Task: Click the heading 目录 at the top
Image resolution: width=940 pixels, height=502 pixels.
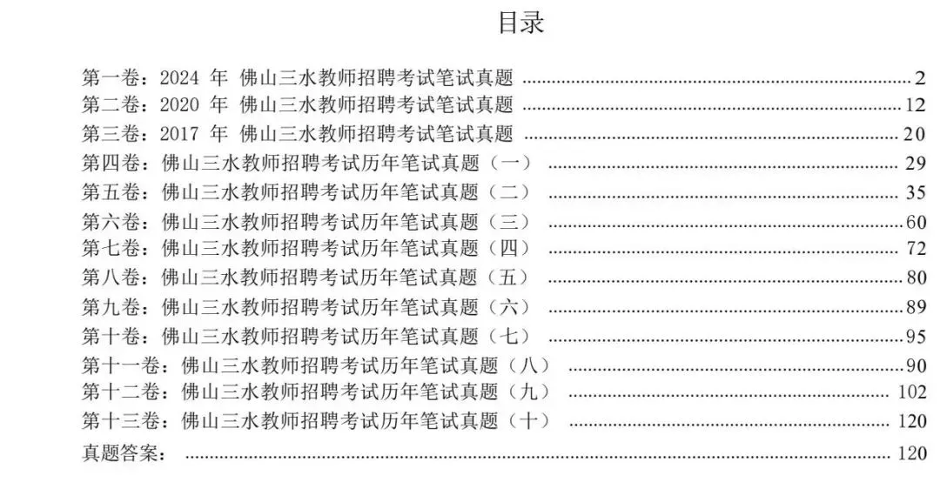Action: click(x=520, y=23)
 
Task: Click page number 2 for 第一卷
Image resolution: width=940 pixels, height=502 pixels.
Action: click(x=921, y=78)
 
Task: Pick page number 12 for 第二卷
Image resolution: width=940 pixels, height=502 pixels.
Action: click(x=916, y=106)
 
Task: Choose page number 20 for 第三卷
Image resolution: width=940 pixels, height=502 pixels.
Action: click(x=916, y=134)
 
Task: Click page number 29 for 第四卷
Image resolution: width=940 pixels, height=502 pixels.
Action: click(x=916, y=164)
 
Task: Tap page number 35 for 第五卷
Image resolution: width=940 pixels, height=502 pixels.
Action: click(x=916, y=192)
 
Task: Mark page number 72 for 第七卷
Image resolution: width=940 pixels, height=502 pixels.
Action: click(x=916, y=249)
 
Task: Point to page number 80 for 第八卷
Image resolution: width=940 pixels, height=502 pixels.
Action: click(x=916, y=278)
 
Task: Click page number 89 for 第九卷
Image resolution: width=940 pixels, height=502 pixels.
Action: click(x=916, y=307)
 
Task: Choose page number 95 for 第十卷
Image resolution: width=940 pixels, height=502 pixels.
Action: click(x=916, y=336)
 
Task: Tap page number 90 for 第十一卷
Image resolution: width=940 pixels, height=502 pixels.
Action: click(x=916, y=365)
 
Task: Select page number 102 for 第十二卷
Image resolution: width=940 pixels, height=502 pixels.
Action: click(x=911, y=392)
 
